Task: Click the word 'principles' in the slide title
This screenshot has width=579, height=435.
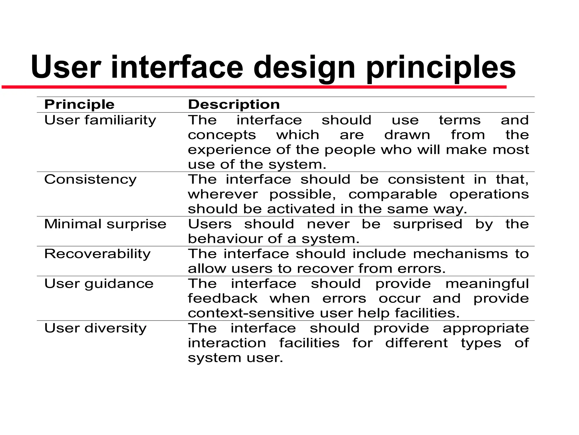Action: [441, 68]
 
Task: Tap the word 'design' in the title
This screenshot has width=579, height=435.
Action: [304, 68]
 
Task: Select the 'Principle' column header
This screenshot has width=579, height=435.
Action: [79, 105]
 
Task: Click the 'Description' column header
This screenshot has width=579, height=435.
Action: [234, 105]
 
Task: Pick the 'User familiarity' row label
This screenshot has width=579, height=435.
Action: [100, 120]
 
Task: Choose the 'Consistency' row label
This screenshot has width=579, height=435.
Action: [90, 180]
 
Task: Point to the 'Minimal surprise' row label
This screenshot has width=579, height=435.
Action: [105, 224]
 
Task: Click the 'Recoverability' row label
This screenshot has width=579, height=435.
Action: [98, 254]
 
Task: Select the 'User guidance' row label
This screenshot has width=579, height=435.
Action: [99, 284]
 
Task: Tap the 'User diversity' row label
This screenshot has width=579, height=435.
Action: [96, 328]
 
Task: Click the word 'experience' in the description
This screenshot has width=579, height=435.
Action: [229, 150]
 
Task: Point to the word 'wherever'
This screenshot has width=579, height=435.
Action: [223, 194]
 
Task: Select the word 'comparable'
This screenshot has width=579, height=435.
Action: [393, 194]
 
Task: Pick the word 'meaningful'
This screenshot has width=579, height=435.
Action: [487, 284]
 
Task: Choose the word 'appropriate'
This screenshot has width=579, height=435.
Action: [486, 328]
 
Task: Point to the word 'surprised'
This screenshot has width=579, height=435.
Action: [427, 224]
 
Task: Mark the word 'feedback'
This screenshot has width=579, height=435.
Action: [223, 298]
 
